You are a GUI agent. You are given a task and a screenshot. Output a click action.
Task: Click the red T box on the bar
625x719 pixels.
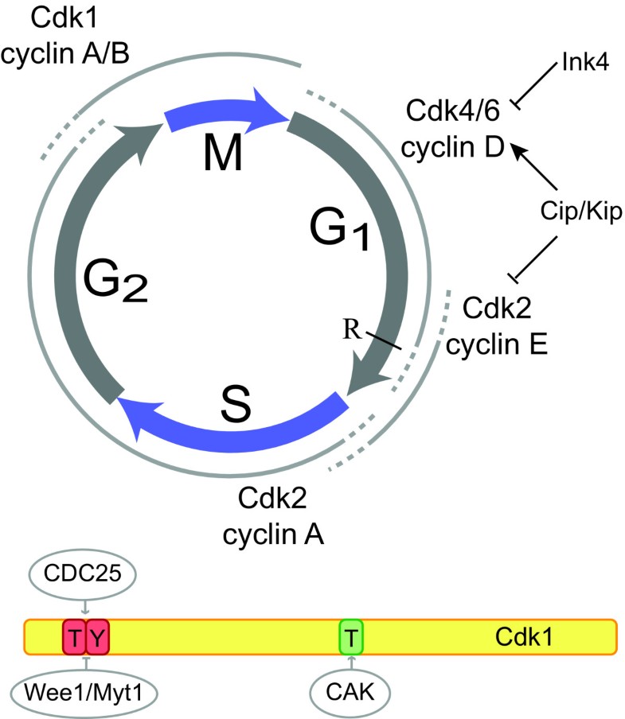(x=73, y=636)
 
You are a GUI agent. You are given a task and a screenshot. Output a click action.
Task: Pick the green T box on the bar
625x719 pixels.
(x=351, y=636)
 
